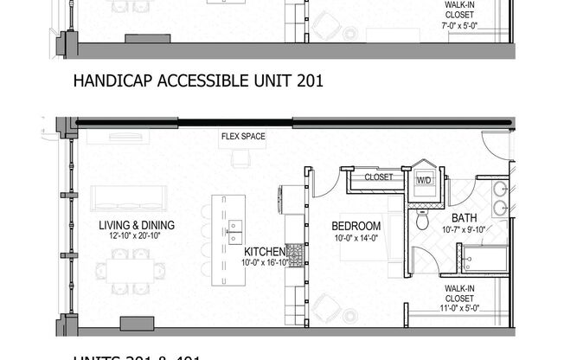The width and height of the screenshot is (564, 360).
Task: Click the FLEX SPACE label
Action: (x=242, y=137)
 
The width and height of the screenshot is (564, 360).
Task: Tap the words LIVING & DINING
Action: (x=137, y=225)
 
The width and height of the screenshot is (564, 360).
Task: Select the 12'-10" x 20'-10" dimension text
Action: (x=137, y=236)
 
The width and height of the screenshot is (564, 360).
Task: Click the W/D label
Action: (x=425, y=180)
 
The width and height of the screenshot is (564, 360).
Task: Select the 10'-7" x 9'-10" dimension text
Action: (x=464, y=230)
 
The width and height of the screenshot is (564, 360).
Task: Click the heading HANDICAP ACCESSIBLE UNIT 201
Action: (x=199, y=82)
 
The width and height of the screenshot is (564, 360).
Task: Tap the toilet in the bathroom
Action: (x=422, y=221)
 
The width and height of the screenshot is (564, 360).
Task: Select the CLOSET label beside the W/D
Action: (x=378, y=177)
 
